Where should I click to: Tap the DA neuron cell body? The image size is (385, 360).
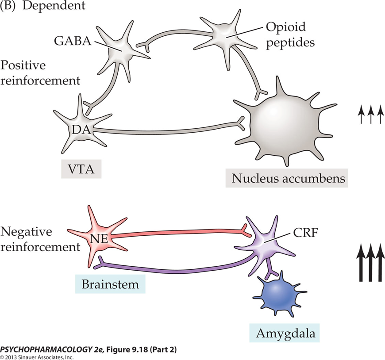[81, 129]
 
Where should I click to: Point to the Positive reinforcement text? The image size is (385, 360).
[40, 73]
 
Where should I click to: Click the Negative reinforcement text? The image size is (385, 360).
[40, 239]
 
